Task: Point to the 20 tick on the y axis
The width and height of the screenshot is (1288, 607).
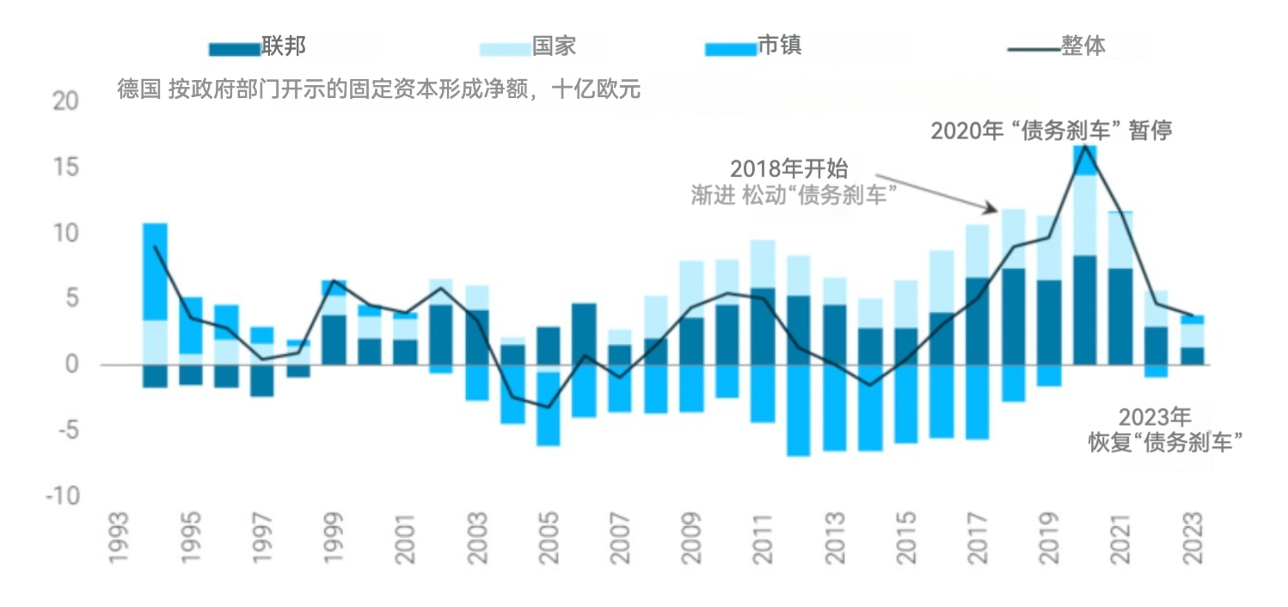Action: tap(65, 101)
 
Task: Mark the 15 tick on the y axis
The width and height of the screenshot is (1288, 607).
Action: tap(66, 167)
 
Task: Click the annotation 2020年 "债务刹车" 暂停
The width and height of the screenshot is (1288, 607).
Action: tap(1052, 131)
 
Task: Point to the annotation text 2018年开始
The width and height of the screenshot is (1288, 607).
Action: tap(788, 169)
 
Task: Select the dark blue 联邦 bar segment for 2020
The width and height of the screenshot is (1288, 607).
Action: tap(1084, 310)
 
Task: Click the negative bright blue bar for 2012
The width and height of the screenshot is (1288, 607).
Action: tap(798, 410)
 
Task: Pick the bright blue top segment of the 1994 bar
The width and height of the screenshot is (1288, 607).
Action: tap(155, 271)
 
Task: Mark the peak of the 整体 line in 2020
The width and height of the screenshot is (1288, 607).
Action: tap(1085, 146)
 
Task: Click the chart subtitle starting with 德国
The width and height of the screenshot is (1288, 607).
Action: tap(378, 89)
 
